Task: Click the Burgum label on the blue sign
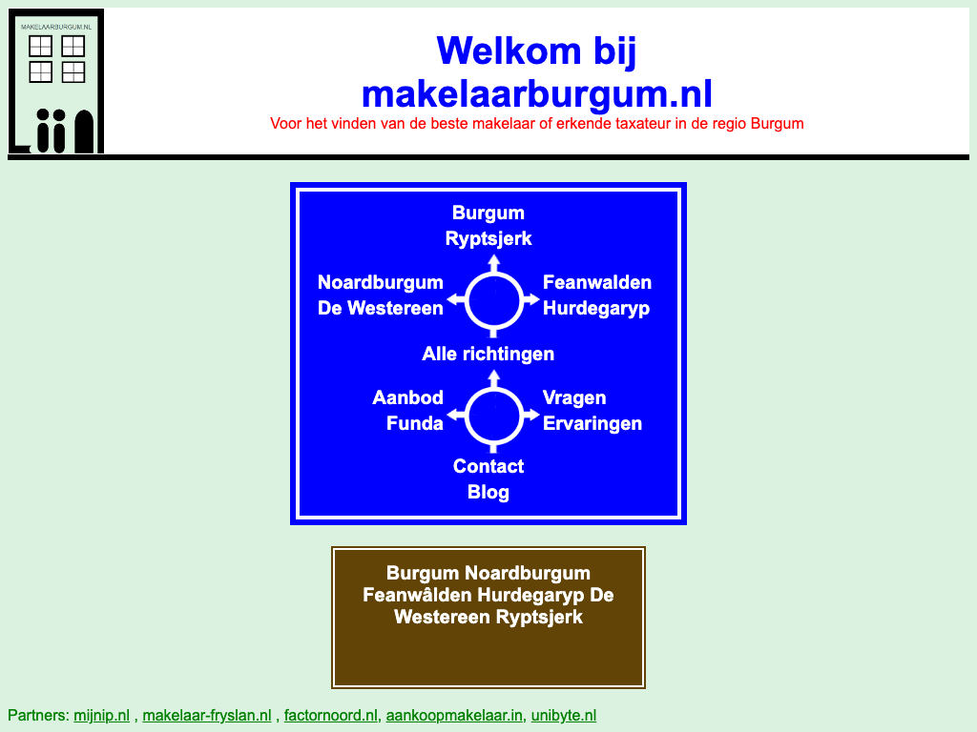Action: coord(488,213)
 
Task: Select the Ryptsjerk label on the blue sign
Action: coord(488,238)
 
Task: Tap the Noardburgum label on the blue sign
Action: coord(380,282)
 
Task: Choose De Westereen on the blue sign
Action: coord(380,308)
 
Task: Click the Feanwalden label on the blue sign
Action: coord(597,282)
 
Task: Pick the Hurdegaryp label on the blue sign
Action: coord(596,308)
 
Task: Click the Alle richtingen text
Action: coord(488,354)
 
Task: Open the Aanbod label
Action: coord(408,397)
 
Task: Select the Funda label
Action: coord(415,423)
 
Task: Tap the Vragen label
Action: coord(574,397)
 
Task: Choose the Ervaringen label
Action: coord(592,423)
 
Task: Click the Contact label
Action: coord(488,466)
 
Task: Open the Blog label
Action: coord(488,492)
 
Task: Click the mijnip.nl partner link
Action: coord(101,715)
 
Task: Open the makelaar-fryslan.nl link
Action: coord(207,715)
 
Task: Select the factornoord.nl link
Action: coord(331,715)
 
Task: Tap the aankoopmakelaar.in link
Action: coord(454,715)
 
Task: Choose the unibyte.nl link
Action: coord(564,715)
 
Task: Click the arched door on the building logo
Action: coord(84,132)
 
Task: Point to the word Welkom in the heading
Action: coord(509,51)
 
